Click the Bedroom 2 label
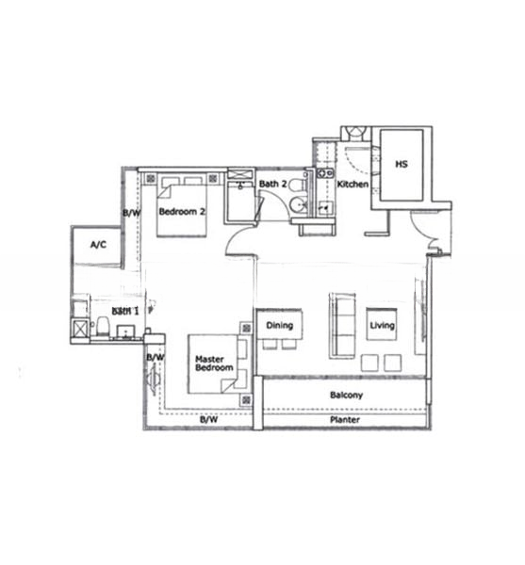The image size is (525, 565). (x=181, y=212)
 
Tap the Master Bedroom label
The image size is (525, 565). (x=213, y=364)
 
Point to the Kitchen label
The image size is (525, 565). (x=353, y=185)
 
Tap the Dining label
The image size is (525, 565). (x=279, y=326)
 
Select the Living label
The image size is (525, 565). (x=382, y=326)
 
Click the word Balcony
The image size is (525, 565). (x=346, y=395)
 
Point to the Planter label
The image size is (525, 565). (x=345, y=421)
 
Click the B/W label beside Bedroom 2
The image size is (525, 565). (x=132, y=214)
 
